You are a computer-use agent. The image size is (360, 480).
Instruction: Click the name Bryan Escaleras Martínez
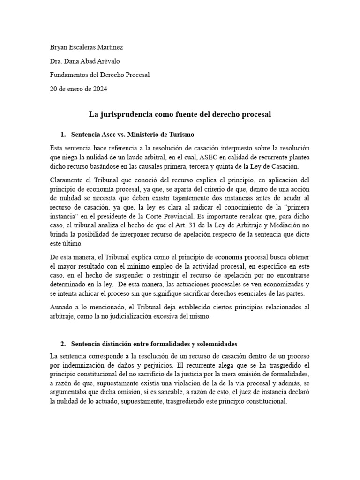tap(87, 47)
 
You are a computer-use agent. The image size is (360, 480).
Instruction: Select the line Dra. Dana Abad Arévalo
tap(88, 61)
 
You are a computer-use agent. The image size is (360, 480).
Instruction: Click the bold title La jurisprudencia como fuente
tap(180, 114)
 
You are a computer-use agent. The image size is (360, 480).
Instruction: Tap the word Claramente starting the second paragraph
tap(67, 180)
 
